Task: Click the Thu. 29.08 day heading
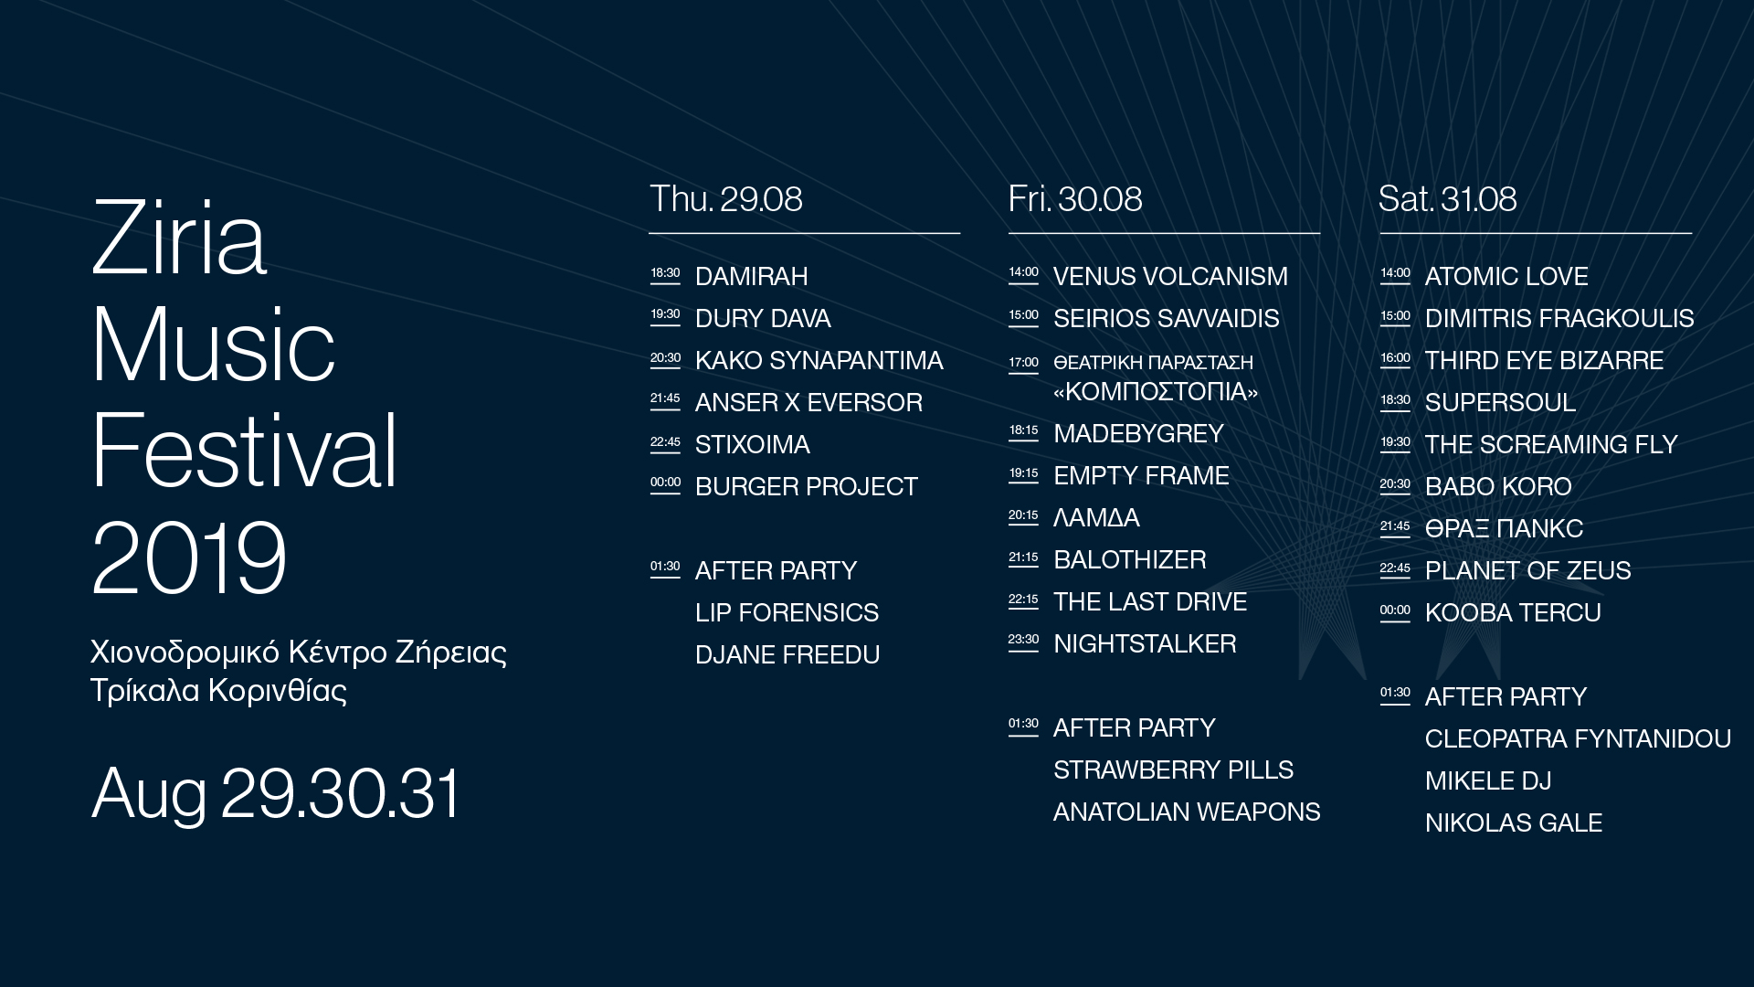(x=725, y=199)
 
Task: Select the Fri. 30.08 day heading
(x=1074, y=199)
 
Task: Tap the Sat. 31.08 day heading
(x=1447, y=199)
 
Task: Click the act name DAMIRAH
(x=751, y=276)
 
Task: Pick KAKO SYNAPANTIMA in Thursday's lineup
(x=819, y=360)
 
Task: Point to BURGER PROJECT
(x=806, y=486)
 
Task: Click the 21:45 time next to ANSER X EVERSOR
(x=665, y=398)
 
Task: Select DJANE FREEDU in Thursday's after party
(x=787, y=654)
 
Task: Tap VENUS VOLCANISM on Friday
(x=1170, y=276)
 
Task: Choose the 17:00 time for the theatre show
(x=1023, y=363)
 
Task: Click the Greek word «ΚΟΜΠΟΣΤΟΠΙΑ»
(x=1156, y=391)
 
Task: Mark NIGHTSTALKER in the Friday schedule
(x=1145, y=643)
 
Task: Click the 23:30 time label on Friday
(x=1023, y=640)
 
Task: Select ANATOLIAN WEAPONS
(x=1187, y=812)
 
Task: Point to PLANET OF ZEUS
(x=1527, y=570)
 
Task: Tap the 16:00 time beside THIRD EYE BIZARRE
(x=1395, y=358)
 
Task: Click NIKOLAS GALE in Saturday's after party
(x=1514, y=822)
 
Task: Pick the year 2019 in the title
(x=189, y=557)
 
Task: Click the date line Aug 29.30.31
(x=277, y=793)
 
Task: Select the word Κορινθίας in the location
(x=278, y=690)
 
